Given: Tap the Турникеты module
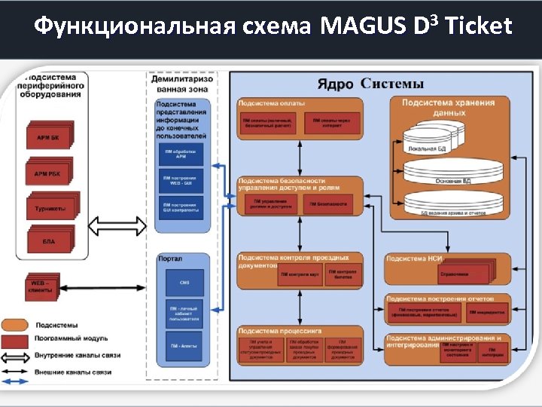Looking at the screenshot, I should pos(50,208).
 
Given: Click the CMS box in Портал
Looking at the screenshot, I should pos(184,283).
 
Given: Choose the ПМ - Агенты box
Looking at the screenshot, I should pos(184,346).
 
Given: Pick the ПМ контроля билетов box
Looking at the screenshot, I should pos(343,274).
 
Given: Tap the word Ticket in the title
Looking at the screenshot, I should pos(479,27).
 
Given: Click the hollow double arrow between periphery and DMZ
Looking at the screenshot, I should pos(117,225).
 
